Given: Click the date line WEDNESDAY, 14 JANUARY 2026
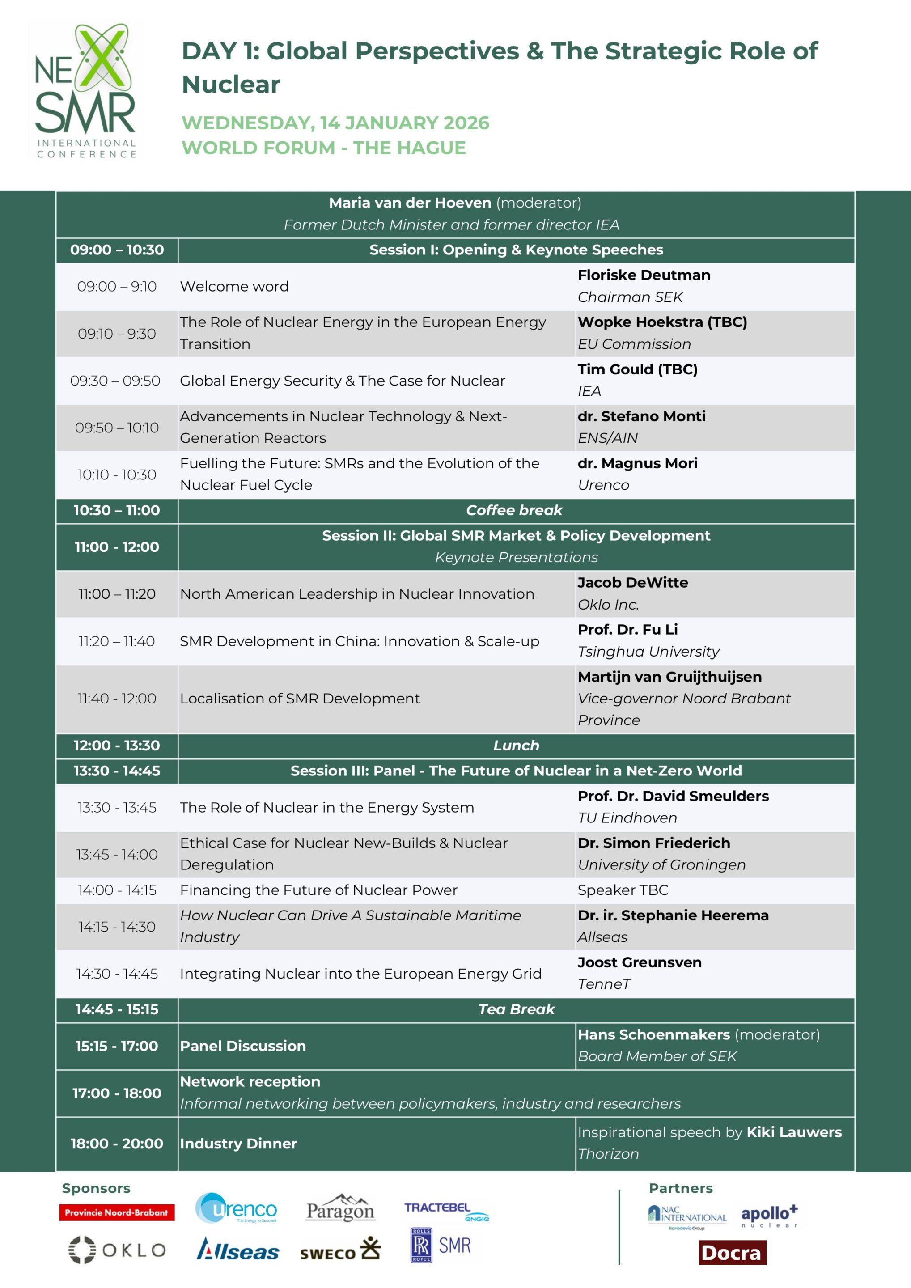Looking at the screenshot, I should tap(335, 123).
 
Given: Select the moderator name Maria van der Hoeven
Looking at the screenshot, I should tap(410, 203).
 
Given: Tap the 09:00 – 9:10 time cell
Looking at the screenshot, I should tap(117, 286).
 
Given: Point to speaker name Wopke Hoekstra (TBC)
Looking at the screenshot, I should tap(662, 322).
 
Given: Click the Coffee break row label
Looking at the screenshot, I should tap(514, 510).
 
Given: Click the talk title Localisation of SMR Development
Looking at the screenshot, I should tap(300, 699).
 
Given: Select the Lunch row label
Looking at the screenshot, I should tap(516, 745).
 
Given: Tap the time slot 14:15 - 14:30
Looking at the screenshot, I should tap(117, 926).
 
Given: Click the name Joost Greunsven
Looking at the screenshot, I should tap(640, 962).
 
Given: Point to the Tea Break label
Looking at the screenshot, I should tap(516, 1009).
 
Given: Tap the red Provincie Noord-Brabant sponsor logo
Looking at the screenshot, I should tap(117, 1212).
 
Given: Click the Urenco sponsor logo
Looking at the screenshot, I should tap(236, 1208).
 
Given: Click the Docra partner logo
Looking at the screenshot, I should tap(732, 1253).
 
